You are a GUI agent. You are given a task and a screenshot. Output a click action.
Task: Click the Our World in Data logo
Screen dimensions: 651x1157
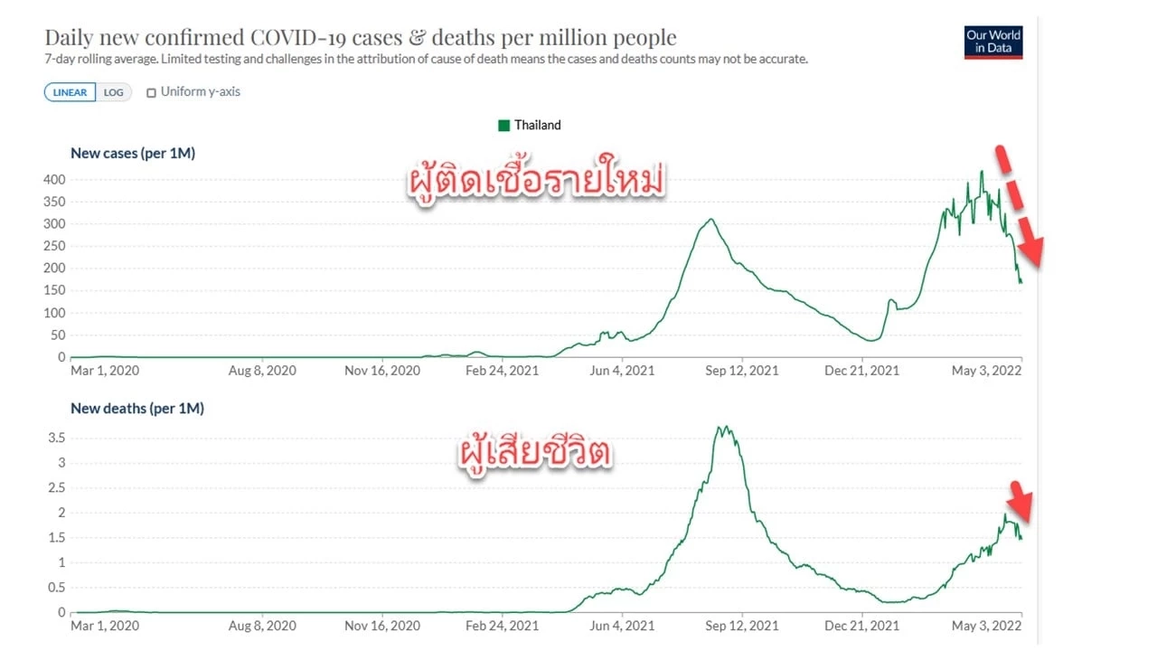point(993,42)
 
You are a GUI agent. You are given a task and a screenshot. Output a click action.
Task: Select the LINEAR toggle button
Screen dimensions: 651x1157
point(70,92)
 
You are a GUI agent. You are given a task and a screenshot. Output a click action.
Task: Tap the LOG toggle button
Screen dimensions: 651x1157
point(113,92)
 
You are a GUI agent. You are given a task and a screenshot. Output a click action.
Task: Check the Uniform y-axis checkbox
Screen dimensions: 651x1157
point(151,92)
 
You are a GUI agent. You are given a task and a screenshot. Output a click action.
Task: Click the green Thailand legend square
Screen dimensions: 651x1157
point(503,126)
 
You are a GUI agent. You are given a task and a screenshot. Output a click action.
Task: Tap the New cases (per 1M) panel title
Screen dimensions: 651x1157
point(133,153)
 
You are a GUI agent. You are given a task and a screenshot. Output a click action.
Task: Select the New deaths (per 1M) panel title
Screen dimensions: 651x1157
point(137,408)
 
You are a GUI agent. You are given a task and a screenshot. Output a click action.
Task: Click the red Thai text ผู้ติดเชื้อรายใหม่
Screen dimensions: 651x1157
point(535,181)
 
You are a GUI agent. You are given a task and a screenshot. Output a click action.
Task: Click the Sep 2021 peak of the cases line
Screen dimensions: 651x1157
point(712,220)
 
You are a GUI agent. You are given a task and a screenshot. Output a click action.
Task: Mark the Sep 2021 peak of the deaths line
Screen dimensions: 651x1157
point(723,428)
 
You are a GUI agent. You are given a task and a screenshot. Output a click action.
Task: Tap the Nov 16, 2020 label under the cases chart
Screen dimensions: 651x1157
point(383,370)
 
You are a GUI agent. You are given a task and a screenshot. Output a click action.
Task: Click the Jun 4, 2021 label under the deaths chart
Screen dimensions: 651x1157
point(621,625)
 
